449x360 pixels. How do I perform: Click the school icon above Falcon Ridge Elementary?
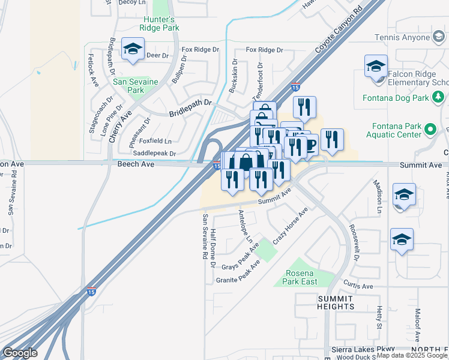point(376,66)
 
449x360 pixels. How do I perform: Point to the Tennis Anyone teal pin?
point(439,38)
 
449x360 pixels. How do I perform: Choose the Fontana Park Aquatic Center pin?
point(430,128)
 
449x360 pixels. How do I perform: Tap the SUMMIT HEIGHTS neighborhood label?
point(336,302)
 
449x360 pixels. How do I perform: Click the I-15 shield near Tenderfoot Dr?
point(295,87)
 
